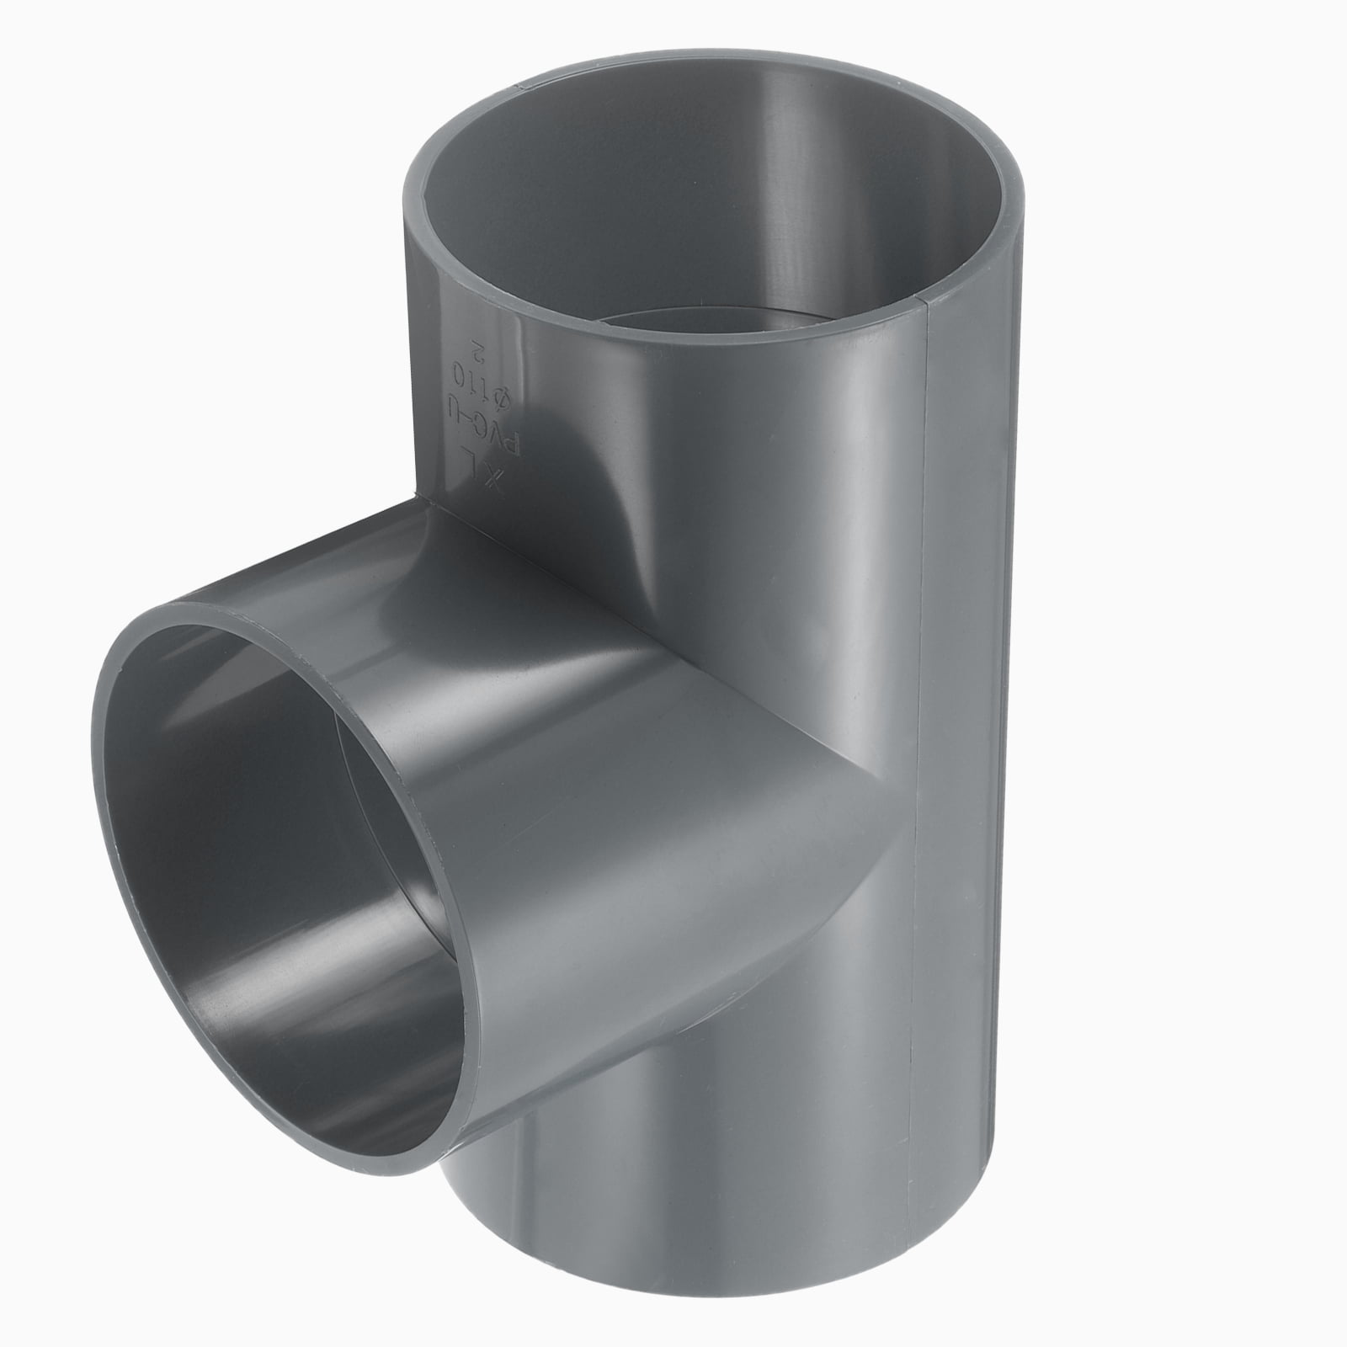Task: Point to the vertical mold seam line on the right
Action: (918, 758)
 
